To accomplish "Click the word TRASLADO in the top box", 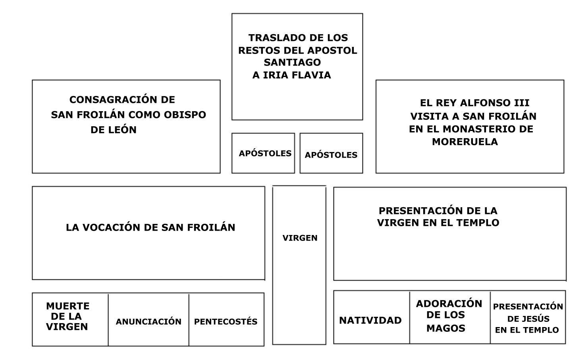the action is pos(272,38).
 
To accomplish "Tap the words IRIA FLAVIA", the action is pos(297,75).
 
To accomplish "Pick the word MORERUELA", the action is pos(465,142).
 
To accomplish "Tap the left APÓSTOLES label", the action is pos(265,153).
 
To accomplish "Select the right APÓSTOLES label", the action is pos(331,155).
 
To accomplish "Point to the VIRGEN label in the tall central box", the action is pos(300,238).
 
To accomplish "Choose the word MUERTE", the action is pos(68,306).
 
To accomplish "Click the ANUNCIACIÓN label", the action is pos(148,321).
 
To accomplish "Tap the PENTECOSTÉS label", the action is pos(226,321).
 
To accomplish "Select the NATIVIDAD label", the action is pos(370,320).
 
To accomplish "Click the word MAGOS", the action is pos(446,328).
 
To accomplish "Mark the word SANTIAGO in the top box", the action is pos(292,62).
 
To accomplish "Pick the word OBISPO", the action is pos(185,115).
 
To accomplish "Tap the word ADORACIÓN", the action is pos(449,304).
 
